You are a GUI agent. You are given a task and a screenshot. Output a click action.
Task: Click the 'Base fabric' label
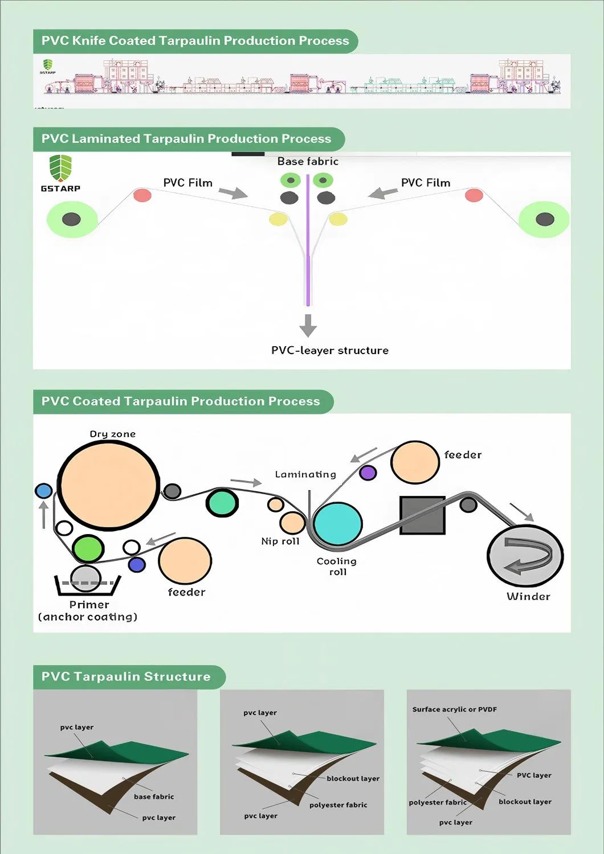308,162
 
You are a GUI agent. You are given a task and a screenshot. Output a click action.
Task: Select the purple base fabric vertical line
308,239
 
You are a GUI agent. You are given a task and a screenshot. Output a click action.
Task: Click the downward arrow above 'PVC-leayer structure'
308,325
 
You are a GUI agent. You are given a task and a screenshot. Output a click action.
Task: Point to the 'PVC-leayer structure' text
330,351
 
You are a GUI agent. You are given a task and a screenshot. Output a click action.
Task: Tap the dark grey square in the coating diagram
422,515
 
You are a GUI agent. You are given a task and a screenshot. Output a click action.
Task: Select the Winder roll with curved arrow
525,556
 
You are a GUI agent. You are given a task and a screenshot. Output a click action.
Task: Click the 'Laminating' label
305,474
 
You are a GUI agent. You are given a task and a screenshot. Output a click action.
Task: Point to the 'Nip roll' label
280,541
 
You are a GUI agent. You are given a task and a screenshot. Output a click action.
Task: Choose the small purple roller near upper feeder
368,473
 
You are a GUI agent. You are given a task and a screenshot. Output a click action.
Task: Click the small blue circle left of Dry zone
43,491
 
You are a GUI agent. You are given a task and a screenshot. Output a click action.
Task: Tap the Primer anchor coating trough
87,584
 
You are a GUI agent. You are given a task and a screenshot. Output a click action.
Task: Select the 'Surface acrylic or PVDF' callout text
455,709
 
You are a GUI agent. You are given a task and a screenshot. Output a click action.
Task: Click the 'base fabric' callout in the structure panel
154,796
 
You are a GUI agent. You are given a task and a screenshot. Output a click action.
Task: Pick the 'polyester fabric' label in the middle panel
338,805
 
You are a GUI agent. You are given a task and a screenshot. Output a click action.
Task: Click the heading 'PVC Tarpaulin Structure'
126,677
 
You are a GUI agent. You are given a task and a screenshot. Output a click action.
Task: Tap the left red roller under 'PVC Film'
142,195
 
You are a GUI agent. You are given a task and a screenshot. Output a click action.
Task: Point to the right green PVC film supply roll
544,219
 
